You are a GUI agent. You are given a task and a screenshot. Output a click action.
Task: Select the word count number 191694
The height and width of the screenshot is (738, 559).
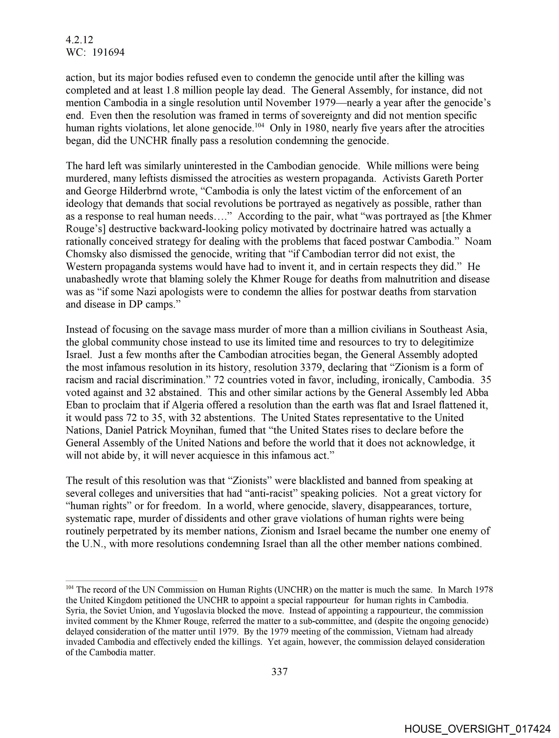click(108, 52)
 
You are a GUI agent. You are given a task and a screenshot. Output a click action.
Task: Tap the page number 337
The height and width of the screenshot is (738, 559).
click(279, 671)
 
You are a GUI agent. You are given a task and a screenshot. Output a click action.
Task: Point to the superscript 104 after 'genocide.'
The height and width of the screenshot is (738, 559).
click(260, 126)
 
